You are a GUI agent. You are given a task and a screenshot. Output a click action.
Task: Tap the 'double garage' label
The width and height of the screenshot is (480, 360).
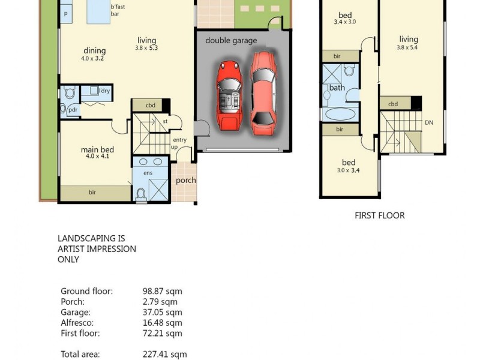231,41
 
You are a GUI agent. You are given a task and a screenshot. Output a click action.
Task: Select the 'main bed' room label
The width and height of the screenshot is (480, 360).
97,149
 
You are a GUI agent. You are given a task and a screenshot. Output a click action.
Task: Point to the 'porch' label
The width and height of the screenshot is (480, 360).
186,180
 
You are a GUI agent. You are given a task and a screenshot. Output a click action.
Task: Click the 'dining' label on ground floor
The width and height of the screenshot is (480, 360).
94,50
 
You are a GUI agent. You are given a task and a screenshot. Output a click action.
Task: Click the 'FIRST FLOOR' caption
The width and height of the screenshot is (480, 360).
380,215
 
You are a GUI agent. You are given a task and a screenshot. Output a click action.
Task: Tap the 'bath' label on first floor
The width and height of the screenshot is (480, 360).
337,88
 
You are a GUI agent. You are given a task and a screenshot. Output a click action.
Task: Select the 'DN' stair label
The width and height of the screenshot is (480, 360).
428,122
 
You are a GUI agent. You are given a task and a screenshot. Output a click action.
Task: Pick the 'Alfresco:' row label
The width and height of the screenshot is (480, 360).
77,323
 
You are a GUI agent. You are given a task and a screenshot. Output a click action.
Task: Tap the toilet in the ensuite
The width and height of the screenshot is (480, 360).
141,193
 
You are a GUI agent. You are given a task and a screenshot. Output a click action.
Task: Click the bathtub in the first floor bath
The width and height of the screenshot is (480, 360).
340,113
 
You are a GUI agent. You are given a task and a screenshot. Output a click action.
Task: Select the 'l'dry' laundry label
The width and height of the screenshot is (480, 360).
104,91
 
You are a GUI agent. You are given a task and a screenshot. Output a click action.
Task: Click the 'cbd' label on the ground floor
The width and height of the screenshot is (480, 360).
151,106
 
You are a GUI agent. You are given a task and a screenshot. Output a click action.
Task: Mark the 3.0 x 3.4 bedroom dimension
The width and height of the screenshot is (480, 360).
349,170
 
